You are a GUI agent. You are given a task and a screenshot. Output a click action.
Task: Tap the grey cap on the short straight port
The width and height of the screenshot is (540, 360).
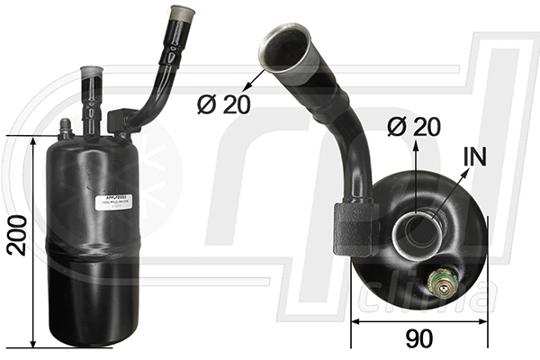tap(93, 74)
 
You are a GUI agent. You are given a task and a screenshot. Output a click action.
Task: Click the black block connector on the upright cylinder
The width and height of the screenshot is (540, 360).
tap(120, 123)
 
